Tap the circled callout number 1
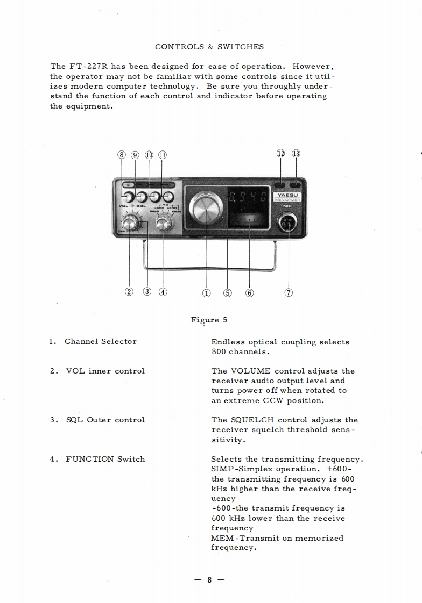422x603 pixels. pyautogui.click(x=206, y=293)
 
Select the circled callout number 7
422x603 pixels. pyautogui.click(x=289, y=293)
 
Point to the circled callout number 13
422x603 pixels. pyautogui.click(x=296, y=154)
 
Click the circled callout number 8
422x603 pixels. pyautogui.click(x=122, y=155)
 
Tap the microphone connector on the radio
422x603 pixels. pyautogui.click(x=289, y=224)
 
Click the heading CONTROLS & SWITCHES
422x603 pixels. pyautogui.click(x=209, y=47)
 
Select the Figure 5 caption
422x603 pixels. pyautogui.click(x=209, y=320)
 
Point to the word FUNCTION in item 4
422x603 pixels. pyautogui.click(x=90, y=459)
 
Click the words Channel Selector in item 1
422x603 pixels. pyautogui.click(x=101, y=341)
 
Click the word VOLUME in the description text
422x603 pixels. pyautogui.click(x=250, y=371)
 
